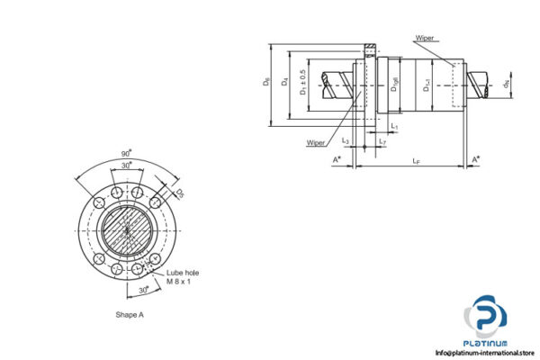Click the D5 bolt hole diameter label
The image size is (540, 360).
[x=179, y=193]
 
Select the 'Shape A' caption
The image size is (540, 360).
[x=130, y=315]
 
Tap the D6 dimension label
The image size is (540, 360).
[x=266, y=82]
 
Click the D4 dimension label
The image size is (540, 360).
[x=285, y=82]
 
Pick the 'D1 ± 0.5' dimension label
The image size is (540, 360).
[x=304, y=81]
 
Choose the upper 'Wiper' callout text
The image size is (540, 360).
[x=427, y=39]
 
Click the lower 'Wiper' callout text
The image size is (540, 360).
[x=316, y=142]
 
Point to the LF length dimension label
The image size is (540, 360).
[x=415, y=161]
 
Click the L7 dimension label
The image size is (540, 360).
[x=382, y=142]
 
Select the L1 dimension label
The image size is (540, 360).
[x=394, y=127]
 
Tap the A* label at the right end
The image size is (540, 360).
[x=476, y=159]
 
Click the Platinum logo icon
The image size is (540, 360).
[x=486, y=318]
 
